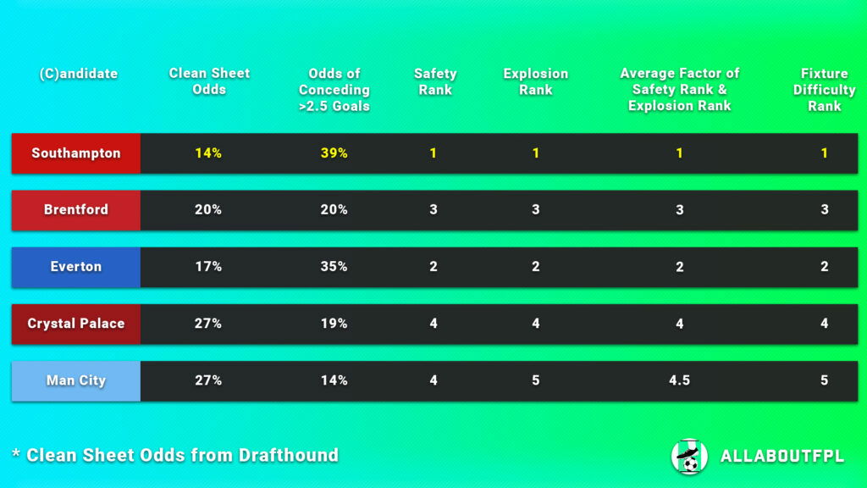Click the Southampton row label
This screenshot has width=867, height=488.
(x=76, y=153)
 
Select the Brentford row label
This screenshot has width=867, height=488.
(x=76, y=209)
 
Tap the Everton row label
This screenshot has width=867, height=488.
(x=76, y=266)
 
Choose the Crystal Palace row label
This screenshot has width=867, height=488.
(x=76, y=323)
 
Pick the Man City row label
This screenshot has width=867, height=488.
(x=76, y=380)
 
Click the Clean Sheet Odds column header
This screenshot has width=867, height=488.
(x=209, y=81)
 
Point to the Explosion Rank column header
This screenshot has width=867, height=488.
(x=535, y=81)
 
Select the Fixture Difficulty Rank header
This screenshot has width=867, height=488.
(x=824, y=89)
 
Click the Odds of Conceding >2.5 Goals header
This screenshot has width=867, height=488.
(x=334, y=89)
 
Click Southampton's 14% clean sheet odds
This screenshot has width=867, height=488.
(x=208, y=153)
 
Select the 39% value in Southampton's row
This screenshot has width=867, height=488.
(x=334, y=153)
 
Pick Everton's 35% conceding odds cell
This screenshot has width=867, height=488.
(x=334, y=266)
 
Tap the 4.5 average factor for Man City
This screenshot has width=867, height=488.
(x=679, y=380)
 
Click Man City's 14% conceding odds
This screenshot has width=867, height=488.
(x=334, y=380)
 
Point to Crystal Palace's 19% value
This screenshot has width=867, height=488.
(x=334, y=323)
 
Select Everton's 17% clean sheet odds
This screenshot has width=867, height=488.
(x=208, y=266)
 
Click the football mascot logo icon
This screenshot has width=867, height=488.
(x=689, y=456)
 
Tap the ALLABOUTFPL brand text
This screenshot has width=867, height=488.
(x=781, y=456)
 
